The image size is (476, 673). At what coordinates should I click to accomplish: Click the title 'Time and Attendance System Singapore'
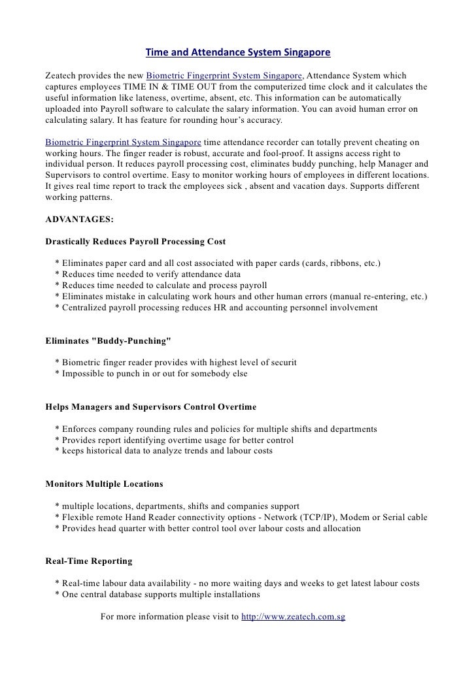237,51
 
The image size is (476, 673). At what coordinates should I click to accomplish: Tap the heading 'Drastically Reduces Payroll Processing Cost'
135,241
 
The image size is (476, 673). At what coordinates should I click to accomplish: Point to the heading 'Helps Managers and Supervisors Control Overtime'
150,406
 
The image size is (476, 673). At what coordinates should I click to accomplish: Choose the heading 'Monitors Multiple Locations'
104,484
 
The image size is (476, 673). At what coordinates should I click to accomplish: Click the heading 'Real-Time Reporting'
88,561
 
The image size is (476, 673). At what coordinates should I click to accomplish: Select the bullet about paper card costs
219,263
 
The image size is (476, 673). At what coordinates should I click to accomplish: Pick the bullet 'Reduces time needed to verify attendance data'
148,274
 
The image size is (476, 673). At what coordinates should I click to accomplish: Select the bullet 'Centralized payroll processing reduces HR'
216,307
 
